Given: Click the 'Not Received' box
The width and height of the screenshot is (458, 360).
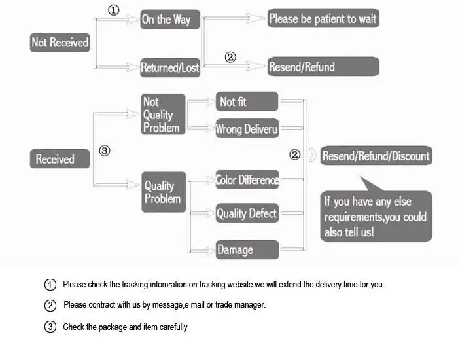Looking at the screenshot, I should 60,43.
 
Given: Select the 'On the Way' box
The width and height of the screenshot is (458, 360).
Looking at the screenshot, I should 166,19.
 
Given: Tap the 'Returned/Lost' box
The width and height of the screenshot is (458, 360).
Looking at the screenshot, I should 170,67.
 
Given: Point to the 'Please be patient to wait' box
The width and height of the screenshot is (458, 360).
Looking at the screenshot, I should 323,18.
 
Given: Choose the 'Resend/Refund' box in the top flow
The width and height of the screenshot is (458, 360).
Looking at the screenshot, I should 323,67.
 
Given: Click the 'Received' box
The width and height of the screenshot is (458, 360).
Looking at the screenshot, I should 60,159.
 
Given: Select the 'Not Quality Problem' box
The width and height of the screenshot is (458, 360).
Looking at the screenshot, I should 163,115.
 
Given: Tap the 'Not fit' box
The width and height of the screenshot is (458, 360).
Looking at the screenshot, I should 247,101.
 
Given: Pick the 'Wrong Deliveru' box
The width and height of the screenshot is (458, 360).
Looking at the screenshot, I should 247,129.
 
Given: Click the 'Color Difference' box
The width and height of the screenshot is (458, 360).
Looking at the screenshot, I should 247,179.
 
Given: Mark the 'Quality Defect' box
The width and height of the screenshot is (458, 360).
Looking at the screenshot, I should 247,213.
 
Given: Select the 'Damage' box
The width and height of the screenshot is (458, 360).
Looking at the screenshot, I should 247,249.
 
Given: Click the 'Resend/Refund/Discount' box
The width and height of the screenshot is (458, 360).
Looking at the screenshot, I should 376,156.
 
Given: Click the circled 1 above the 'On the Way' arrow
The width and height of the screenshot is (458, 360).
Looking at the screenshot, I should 114,10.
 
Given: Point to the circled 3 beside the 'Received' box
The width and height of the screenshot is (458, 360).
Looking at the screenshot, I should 105,151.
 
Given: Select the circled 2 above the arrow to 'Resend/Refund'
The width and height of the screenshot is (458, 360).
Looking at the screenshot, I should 230,57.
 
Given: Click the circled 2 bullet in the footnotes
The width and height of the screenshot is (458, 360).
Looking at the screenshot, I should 50,306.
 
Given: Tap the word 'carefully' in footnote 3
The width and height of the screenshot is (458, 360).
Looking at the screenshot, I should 171,327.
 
